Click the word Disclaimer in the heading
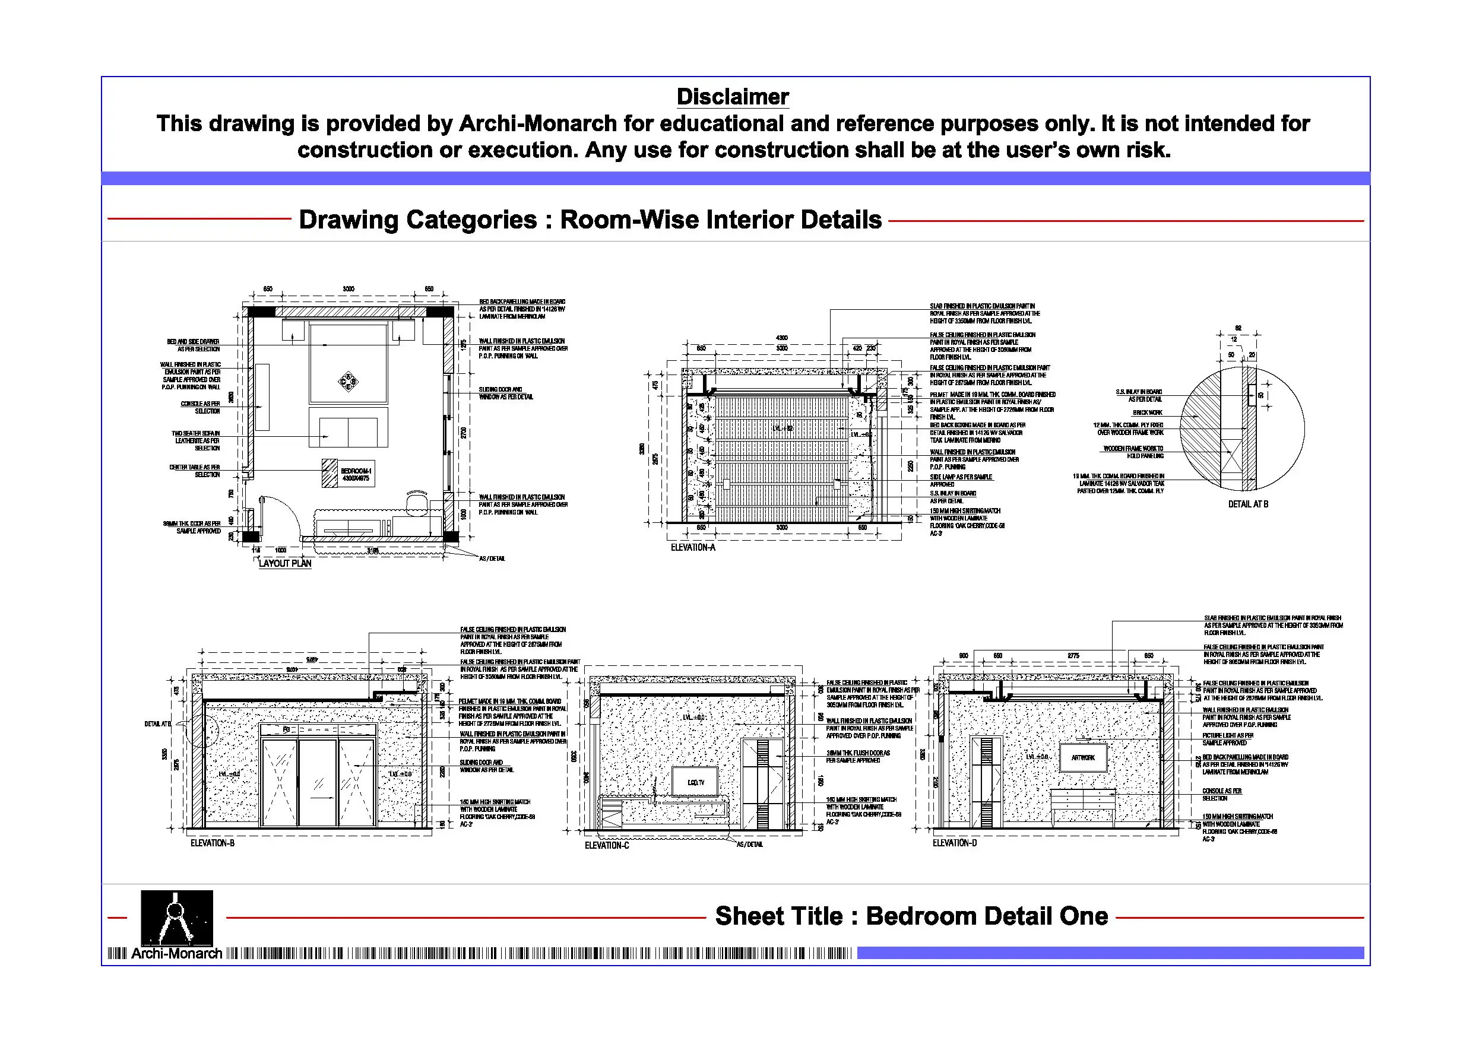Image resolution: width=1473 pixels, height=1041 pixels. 732,97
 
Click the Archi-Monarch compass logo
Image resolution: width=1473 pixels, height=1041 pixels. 176,916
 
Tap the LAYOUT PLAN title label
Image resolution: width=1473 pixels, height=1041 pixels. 285,563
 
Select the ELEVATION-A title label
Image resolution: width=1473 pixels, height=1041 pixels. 692,547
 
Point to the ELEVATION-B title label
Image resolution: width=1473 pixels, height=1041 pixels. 213,843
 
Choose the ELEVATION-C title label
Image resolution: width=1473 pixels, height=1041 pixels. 606,845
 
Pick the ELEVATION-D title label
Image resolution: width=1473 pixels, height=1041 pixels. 954,843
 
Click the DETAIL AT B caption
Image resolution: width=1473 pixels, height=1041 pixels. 1248,504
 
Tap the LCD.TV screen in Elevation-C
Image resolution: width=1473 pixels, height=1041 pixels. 695,782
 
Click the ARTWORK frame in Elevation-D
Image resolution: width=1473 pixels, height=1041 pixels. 1083,757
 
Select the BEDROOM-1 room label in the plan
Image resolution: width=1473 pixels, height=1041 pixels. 356,474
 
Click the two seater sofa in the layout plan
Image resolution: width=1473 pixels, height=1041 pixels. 349,427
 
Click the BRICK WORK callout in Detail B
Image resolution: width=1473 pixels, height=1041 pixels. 1147,412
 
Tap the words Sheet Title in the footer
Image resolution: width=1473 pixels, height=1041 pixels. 778,916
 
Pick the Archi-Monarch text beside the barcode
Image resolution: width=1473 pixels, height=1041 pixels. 176,954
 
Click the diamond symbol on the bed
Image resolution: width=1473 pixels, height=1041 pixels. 349,382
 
